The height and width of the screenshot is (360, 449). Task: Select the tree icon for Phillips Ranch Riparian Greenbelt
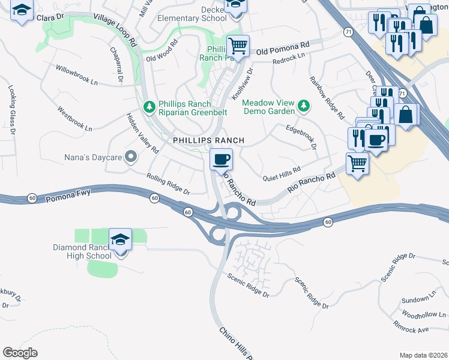click(149, 107)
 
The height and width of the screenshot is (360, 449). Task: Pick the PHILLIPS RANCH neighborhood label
click(208, 140)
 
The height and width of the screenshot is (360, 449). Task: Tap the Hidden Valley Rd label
click(142, 133)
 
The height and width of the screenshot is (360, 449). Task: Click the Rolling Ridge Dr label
click(168, 184)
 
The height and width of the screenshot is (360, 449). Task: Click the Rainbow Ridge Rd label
click(327, 97)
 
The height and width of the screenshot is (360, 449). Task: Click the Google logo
click(20, 353)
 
